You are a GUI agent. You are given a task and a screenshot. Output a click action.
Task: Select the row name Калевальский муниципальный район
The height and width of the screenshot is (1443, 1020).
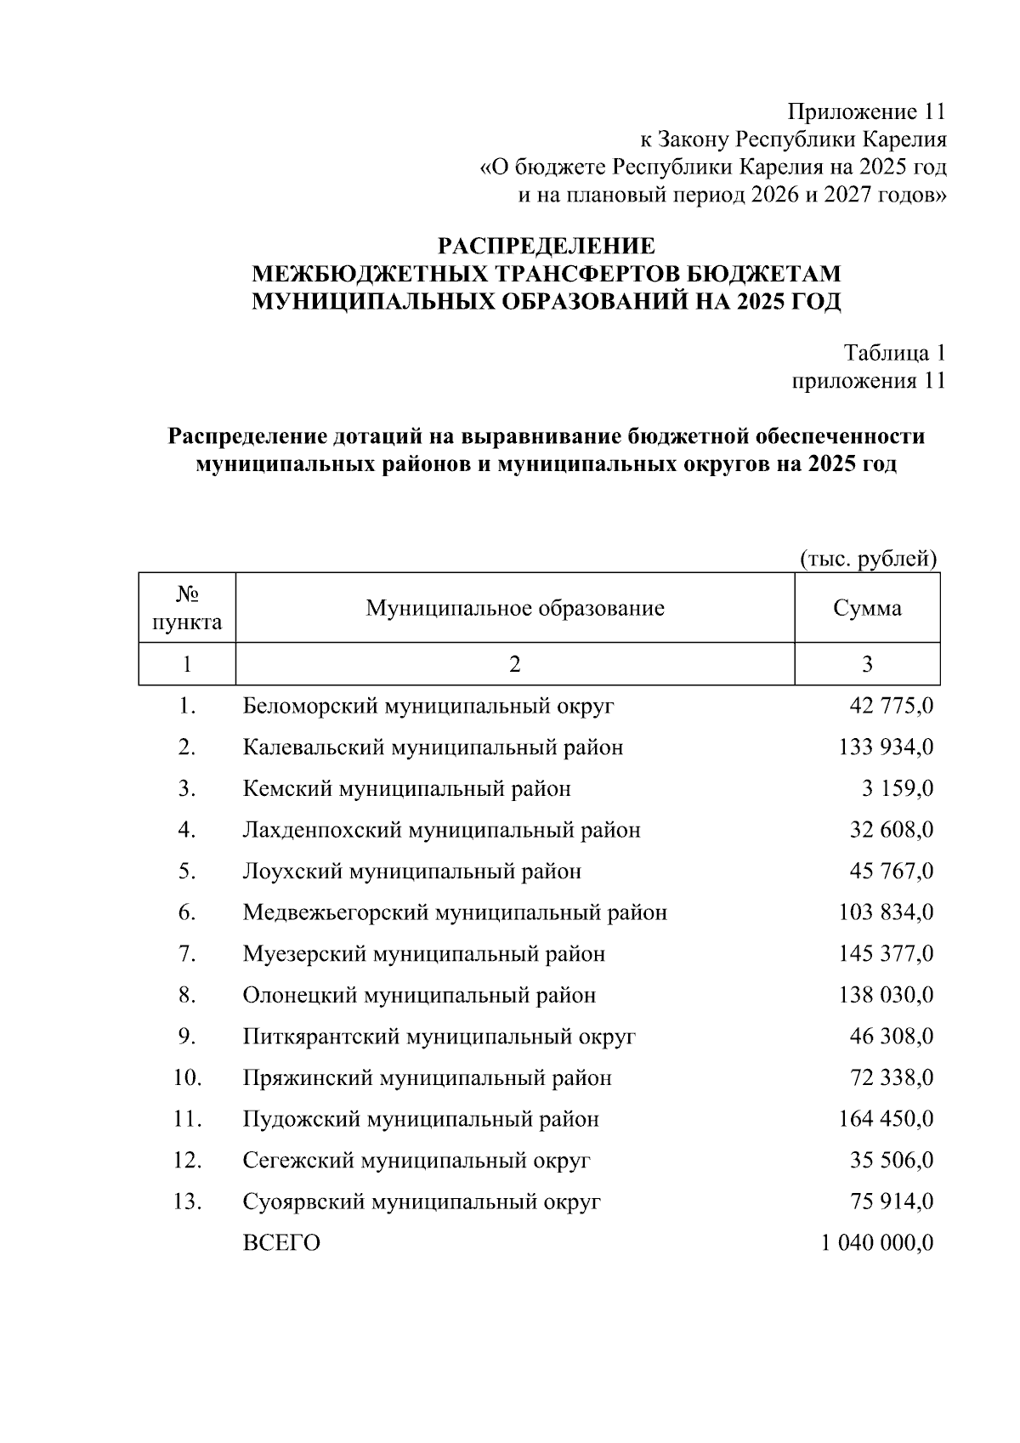coord(433,748)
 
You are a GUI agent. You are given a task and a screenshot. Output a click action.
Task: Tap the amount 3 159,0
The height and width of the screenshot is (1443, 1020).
coord(897,789)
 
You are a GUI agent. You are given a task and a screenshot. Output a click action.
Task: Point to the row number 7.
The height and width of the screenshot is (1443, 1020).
coord(187,955)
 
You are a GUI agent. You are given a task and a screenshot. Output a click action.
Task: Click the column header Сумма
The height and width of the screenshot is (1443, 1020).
coord(867,609)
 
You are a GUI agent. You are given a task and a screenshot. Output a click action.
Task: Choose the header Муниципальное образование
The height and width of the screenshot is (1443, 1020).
coord(515,609)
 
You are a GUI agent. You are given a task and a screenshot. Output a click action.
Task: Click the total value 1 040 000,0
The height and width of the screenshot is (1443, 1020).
coord(877,1244)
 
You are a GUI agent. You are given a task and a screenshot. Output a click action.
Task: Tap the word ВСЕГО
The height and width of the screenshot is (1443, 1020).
coord(281,1244)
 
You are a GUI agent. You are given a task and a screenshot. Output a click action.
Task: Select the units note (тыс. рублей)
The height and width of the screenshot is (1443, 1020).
coord(868,560)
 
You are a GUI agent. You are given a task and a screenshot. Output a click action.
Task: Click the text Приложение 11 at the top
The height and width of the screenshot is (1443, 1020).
coord(866,112)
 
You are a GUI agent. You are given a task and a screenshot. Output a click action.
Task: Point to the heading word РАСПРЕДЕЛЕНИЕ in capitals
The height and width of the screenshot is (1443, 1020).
coord(547,247)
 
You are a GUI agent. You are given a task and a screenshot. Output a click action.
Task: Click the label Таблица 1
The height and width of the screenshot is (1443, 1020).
coord(894,353)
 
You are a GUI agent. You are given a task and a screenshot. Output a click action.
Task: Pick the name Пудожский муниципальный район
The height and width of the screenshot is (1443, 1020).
coord(421,1120)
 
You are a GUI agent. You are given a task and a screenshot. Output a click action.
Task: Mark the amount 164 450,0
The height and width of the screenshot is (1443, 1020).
coord(886,1120)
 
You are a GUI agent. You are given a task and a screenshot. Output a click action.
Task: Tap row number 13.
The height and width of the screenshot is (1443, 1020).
coord(187,1202)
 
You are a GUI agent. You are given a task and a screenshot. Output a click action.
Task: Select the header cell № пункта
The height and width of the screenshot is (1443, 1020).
coord(187,609)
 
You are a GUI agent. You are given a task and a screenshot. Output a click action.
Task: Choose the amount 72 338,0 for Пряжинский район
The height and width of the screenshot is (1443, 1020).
coord(891,1079)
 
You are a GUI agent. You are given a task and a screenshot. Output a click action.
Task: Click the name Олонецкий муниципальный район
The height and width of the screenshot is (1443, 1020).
coord(419,996)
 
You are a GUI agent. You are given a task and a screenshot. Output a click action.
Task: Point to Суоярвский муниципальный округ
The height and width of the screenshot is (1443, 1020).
coord(422,1202)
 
